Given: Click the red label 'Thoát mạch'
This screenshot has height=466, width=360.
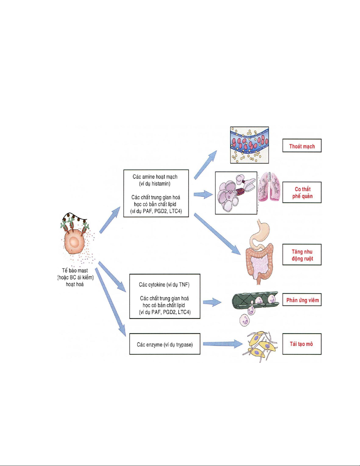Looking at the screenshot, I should [302, 146].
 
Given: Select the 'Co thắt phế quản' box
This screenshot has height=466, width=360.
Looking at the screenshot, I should [302, 193].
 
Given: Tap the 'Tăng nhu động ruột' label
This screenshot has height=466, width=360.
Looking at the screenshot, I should [302, 255].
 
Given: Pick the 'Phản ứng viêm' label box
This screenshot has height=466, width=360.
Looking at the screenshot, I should [302, 300].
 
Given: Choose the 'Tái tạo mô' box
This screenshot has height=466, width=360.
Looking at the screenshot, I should [302, 344].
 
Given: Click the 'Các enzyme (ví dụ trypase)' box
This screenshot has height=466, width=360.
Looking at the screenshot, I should [165, 344].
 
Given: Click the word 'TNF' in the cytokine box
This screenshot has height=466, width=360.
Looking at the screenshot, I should [184, 285].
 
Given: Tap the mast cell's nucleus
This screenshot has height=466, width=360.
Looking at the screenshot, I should [74, 243].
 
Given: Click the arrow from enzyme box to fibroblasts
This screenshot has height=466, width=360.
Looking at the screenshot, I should [222, 344].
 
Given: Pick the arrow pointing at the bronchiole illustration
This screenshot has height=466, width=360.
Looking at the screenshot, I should [203, 194].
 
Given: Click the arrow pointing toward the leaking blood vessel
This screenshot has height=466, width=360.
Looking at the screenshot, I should [205, 165].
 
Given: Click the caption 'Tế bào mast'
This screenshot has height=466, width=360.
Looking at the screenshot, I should [75, 270].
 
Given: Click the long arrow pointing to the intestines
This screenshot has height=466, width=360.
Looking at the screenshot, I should [217, 234].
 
